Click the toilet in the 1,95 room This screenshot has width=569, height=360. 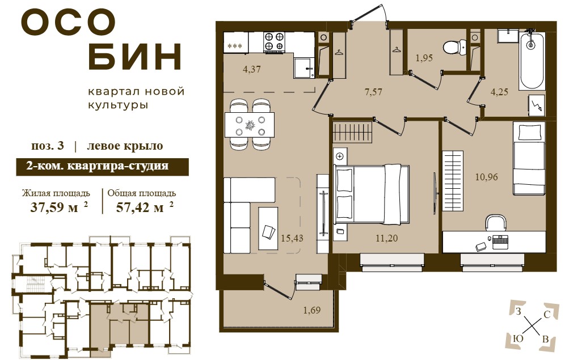454,46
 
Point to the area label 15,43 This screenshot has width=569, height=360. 292,238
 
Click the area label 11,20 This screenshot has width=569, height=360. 387,238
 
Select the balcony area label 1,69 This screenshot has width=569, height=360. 312,310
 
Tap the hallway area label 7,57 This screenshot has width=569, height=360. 373,92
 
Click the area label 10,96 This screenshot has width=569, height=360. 487,177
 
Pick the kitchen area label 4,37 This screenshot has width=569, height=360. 252,69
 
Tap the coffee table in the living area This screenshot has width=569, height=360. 268,228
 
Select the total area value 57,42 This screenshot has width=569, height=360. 140,207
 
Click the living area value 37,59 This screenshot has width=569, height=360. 54,207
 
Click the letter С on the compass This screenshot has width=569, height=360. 547,315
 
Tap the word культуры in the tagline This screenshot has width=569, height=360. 119,105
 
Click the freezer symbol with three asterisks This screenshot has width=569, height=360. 235,46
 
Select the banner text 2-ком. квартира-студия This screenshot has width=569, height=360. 97,166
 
